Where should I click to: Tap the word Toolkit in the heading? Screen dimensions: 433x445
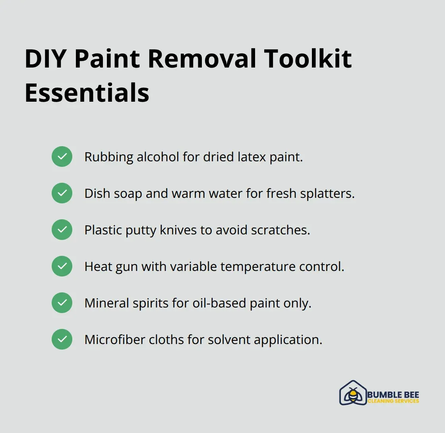pos(308,59)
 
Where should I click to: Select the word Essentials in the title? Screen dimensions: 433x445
pos(87,93)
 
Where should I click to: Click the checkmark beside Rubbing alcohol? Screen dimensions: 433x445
pos(62,157)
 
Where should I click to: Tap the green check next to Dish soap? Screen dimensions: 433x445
pos(62,193)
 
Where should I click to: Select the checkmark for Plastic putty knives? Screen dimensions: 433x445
pos(62,230)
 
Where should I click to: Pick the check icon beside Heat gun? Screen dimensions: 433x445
pos(62,266)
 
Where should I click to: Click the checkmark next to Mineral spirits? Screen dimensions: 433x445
pos(62,303)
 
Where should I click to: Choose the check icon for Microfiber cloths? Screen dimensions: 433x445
pos(62,339)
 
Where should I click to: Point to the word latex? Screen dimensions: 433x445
pos(252,157)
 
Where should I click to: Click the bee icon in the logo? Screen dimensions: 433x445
pos(352,394)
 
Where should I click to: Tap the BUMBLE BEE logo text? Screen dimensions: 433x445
pos(393,394)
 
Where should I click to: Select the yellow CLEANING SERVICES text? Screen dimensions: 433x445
pos(393,401)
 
